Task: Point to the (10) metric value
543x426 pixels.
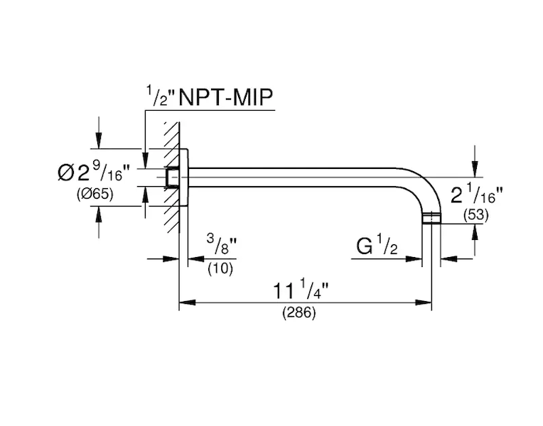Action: (221, 268)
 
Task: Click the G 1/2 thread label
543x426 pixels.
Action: (376, 247)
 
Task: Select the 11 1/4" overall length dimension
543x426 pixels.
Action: (303, 290)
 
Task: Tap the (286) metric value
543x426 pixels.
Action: (299, 312)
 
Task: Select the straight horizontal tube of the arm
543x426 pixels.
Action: (299, 177)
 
